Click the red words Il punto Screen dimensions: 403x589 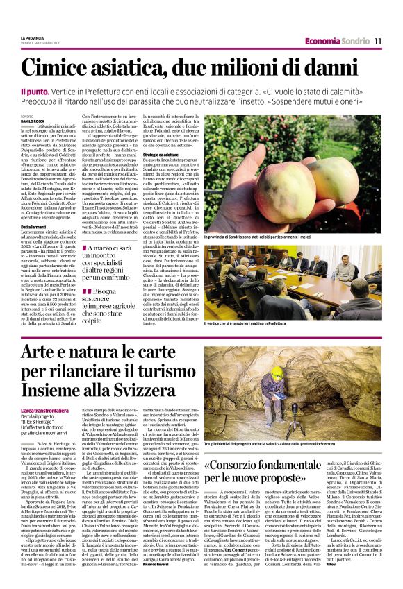tap(32, 91)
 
